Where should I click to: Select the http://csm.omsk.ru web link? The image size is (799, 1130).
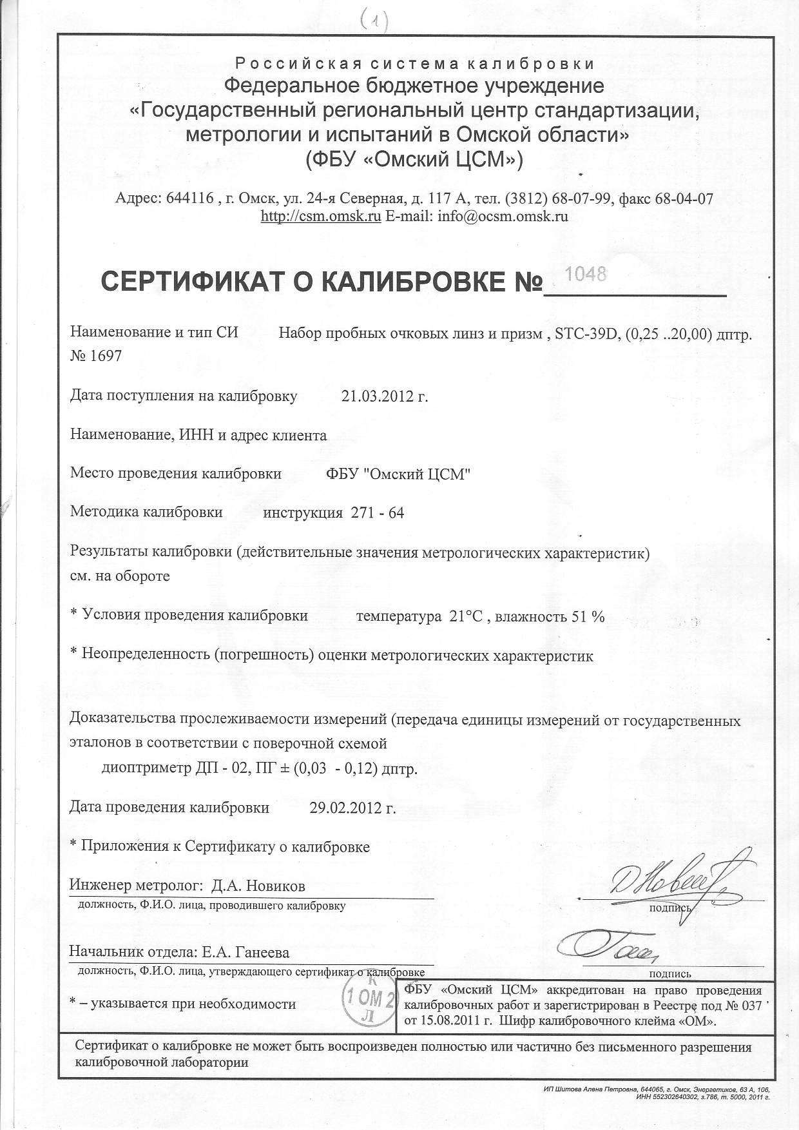[321, 217]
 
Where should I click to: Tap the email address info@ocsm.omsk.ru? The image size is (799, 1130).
[503, 217]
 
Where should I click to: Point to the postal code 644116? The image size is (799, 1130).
[189, 199]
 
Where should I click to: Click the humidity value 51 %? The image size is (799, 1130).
[588, 616]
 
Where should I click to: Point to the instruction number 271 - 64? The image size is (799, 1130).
[377, 513]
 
